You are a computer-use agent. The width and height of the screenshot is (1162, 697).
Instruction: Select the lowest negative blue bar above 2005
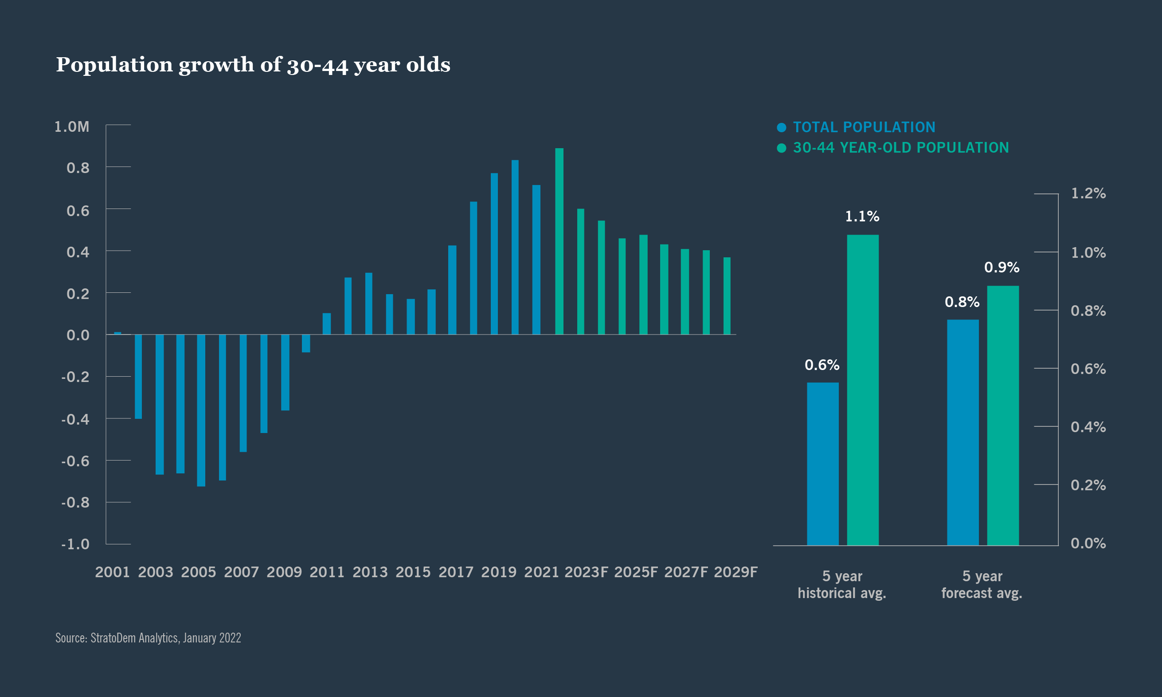coord(201,410)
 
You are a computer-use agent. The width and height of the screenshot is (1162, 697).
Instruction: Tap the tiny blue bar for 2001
coord(117,333)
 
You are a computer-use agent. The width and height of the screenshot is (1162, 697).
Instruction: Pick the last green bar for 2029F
coord(727,296)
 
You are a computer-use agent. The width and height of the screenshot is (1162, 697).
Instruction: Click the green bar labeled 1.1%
coord(863,390)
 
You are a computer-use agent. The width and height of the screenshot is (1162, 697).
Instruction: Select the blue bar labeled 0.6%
coord(823,464)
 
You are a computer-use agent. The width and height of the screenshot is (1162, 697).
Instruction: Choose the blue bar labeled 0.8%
coord(962,432)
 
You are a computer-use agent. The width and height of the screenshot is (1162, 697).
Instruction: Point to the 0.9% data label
coord(1002,267)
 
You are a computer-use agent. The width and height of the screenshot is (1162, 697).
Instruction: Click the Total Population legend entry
coord(864,127)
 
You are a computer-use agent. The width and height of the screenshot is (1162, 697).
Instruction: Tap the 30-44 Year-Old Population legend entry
coord(900,147)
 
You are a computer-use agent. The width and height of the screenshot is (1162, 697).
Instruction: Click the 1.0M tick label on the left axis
coord(72,126)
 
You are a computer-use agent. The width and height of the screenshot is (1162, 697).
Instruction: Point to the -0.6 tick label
coord(75,461)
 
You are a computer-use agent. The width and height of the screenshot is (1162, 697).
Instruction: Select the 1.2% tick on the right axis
coord(1088,193)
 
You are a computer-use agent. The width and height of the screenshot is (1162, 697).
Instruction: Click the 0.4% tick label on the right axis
coord(1088,427)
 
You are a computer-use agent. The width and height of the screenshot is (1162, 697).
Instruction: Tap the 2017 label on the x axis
coord(456,572)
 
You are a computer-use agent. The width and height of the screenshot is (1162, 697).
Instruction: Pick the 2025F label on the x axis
coord(635,572)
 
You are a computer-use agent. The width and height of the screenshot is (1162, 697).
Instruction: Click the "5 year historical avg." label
coord(842,584)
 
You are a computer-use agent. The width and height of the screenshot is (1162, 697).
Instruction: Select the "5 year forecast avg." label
coord(982,584)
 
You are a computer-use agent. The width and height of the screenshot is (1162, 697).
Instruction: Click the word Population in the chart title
coord(114,64)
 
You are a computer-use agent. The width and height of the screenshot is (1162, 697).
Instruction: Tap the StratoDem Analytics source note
coord(149,638)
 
